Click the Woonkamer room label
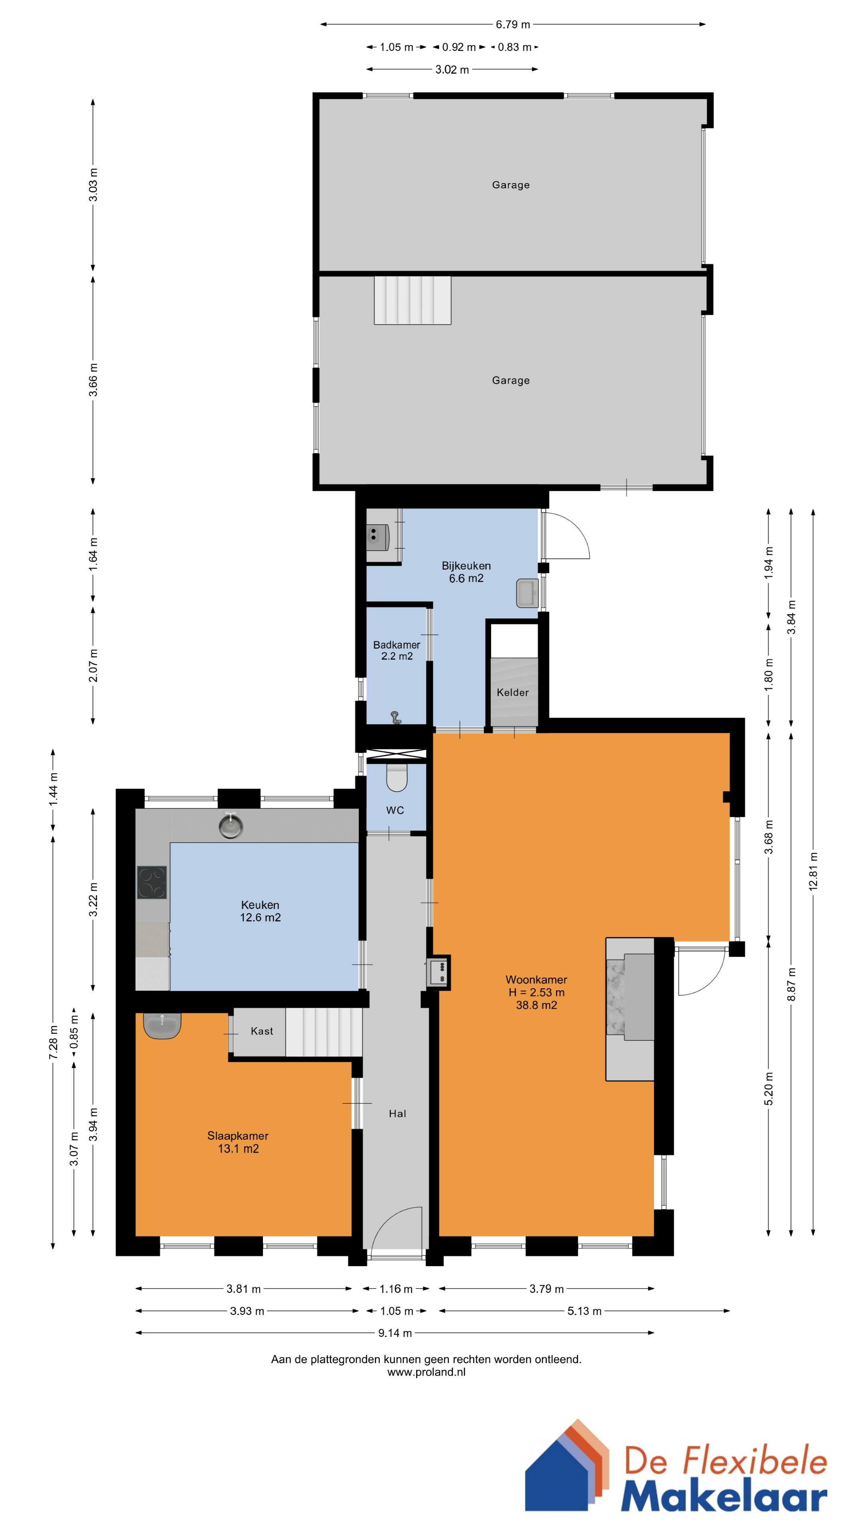536,979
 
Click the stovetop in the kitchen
152,883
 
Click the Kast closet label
262,1030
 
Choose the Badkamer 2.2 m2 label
397,650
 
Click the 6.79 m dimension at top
513,24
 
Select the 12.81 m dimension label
813,872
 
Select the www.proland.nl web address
426,1372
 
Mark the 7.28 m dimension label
53,1042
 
